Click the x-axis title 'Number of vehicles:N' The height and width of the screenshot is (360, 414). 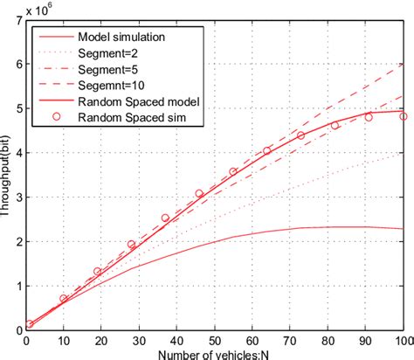click(215, 352)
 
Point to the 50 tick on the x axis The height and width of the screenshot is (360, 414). click(215, 341)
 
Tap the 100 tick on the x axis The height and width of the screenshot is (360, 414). click(403, 341)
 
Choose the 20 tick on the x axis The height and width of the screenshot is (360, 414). click(102, 341)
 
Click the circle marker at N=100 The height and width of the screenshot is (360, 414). click(403, 116)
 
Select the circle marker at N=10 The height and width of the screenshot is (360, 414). click(64, 299)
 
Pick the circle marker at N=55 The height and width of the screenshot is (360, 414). click(233, 172)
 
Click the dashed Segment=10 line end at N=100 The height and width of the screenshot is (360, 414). click(403, 64)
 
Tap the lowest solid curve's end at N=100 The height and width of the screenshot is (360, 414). click(403, 229)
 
